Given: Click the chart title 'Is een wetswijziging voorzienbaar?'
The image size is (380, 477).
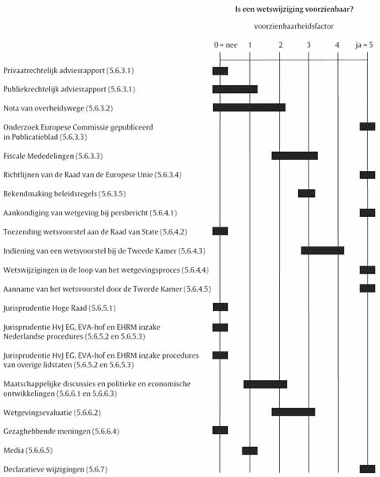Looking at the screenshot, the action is pos(294,9).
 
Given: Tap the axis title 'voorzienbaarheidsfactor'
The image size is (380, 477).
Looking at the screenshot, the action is pos(294,26).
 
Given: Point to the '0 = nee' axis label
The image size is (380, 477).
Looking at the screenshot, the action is pos(225,45).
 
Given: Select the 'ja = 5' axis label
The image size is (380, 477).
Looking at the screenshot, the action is pos(364,45).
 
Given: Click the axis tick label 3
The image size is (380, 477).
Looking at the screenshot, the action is pos(308,45).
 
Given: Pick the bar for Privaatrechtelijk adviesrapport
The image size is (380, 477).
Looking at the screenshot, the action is pos(220,71).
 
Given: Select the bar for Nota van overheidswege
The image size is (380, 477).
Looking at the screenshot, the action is pos(249,107).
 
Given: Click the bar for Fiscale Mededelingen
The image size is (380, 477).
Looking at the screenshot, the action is pos(295,156).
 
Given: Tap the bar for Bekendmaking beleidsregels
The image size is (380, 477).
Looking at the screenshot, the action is pos(306,193).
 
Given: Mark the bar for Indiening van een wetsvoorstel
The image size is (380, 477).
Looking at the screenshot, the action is pos(323,250).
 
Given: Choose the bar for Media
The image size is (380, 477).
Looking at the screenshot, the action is pos(250,451).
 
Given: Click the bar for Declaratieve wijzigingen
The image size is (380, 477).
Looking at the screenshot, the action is pos(367,469).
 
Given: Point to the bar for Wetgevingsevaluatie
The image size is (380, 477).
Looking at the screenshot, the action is pos(293,412).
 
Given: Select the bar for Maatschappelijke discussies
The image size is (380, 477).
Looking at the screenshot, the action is pos(266,384).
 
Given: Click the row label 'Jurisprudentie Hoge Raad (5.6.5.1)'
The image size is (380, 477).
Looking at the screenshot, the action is pos(60,308).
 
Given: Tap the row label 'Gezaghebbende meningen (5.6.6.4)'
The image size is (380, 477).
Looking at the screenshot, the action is pos(61,432).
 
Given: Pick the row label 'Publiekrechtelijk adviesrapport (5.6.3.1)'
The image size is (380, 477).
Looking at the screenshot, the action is pos(69,89).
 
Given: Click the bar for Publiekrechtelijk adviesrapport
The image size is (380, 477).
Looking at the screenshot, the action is pos(235,89).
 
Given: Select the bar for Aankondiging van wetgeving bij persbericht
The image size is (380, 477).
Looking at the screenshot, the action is pos(367,212).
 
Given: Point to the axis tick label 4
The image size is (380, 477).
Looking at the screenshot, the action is pos(337,45).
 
